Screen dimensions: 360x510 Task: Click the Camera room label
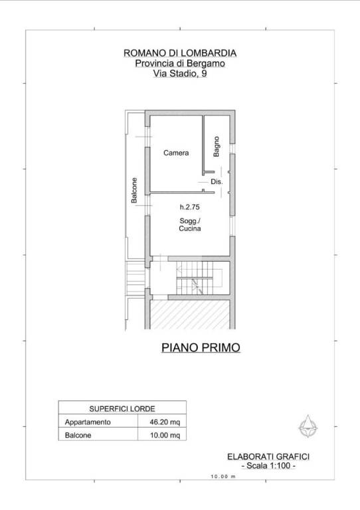(176, 153)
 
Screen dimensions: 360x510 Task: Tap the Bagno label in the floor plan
(217, 146)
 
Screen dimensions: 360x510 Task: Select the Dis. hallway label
(217, 181)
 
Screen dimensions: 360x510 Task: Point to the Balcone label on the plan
(134, 191)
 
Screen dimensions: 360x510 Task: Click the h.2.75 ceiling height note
(189, 207)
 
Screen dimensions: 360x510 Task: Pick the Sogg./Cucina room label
(190, 224)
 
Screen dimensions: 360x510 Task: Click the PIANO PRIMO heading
(201, 347)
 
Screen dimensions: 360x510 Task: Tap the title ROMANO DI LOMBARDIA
(180, 53)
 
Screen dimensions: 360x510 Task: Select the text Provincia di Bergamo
(180, 63)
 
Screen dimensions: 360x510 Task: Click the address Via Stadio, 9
(180, 74)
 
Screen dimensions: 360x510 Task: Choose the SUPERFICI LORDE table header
(122, 408)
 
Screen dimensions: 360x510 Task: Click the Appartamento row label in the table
(88, 422)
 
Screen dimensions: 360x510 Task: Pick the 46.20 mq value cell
(165, 422)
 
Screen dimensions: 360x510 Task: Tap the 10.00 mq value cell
(165, 435)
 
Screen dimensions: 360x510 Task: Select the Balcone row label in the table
(78, 435)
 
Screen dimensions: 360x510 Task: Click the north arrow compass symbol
(308, 426)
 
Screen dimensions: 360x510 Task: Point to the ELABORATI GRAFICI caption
(268, 457)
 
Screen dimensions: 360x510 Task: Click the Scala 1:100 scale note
(268, 466)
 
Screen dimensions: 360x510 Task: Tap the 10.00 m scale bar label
(223, 477)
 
